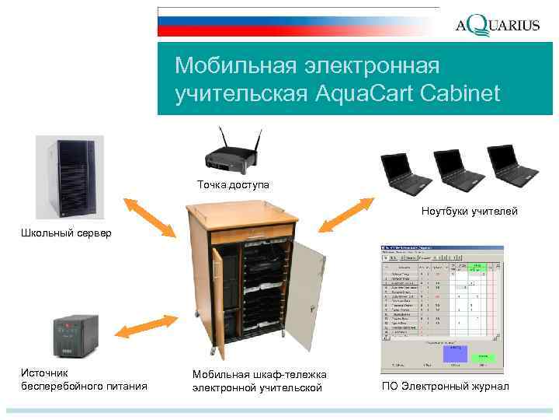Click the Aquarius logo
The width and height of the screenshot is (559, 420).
497,24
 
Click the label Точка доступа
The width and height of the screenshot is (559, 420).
232,184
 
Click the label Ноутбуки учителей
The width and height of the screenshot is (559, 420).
469,212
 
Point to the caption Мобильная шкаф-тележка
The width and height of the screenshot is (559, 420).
259,374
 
